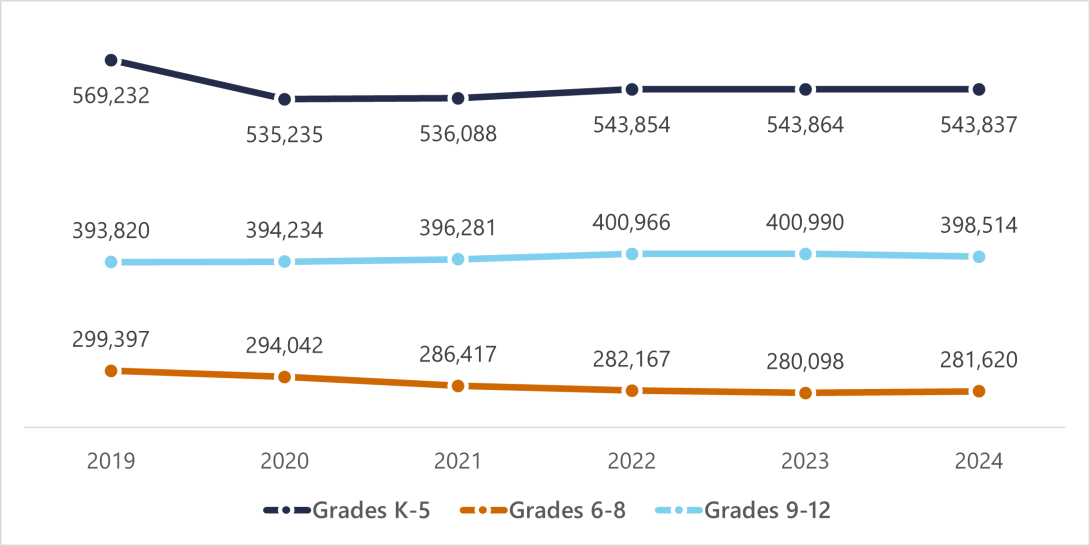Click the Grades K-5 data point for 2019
pyautogui.click(x=111, y=60)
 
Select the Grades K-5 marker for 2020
pyautogui.click(x=285, y=99)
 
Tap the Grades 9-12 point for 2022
pyautogui.click(x=631, y=254)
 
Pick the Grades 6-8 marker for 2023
pyautogui.click(x=805, y=393)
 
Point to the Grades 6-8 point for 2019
pyautogui.click(x=111, y=370)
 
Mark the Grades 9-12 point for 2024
pyautogui.click(x=978, y=257)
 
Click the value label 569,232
pyautogui.click(x=111, y=97)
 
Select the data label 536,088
pyautogui.click(x=458, y=134)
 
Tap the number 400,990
pyautogui.click(x=805, y=222)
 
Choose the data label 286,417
pyautogui.click(x=458, y=353)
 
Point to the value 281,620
pyautogui.click(x=978, y=359)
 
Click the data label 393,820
pyautogui.click(x=111, y=230)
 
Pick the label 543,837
pyautogui.click(x=978, y=125)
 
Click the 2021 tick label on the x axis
pyautogui.click(x=458, y=461)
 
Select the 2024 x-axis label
pyautogui.click(x=978, y=461)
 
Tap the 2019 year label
pyautogui.click(x=111, y=461)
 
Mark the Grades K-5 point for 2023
pyautogui.click(x=805, y=89)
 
